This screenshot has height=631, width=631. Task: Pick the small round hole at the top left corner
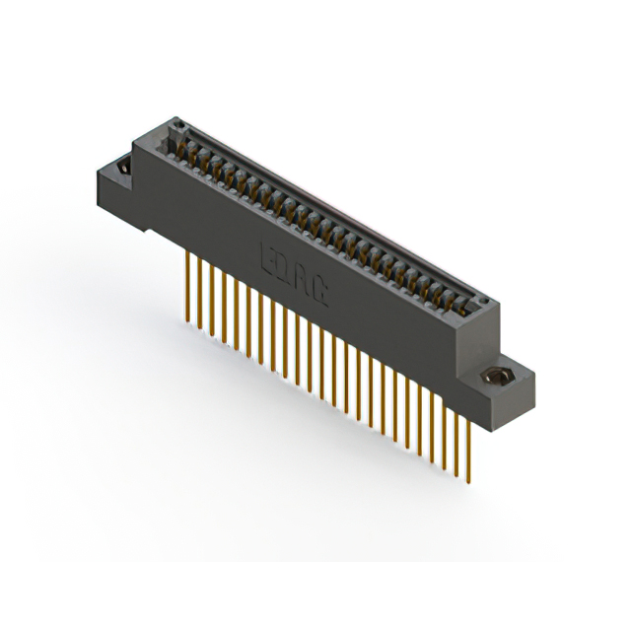[179, 124]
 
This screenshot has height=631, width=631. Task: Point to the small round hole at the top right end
[482, 302]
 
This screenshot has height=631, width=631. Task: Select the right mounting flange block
[503, 389]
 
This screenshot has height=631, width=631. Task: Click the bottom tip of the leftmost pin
[185, 320]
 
